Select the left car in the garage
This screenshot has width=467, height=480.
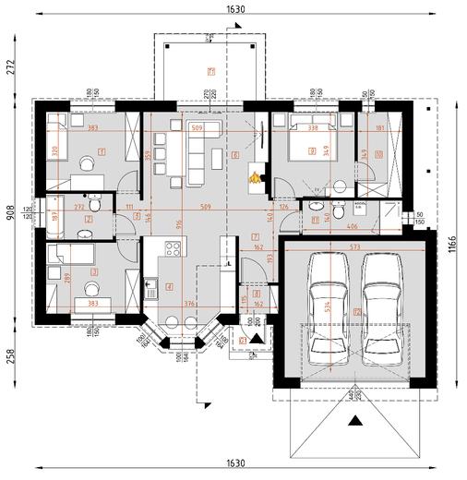click(x=325, y=301)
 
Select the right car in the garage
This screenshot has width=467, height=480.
click(x=379, y=301)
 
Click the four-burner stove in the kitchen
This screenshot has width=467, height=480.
click(x=171, y=247)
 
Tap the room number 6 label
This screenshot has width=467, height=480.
click(x=235, y=154)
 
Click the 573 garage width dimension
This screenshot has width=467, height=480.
click(x=354, y=247)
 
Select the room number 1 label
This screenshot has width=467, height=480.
click(x=102, y=150)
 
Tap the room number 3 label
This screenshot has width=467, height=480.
click(x=96, y=272)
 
